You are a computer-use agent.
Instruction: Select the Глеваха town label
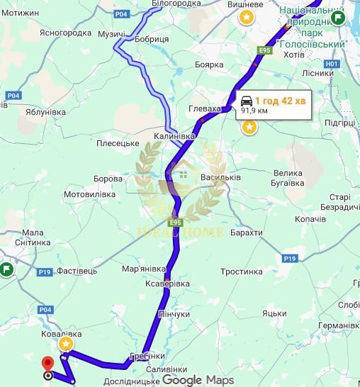[x=206, y=109]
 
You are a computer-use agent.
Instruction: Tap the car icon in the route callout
[x=246, y=100]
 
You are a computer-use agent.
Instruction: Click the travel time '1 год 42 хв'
[x=281, y=100]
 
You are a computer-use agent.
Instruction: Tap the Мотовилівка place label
[x=89, y=193]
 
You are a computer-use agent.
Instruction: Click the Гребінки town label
[x=147, y=355]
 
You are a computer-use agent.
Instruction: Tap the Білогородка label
[x=176, y=4]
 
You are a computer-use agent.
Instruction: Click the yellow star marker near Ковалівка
[x=66, y=344]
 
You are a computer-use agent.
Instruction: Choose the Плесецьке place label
[x=118, y=143]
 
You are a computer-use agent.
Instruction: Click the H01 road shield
[x=333, y=64]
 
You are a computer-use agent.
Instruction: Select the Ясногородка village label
[x=66, y=33]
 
